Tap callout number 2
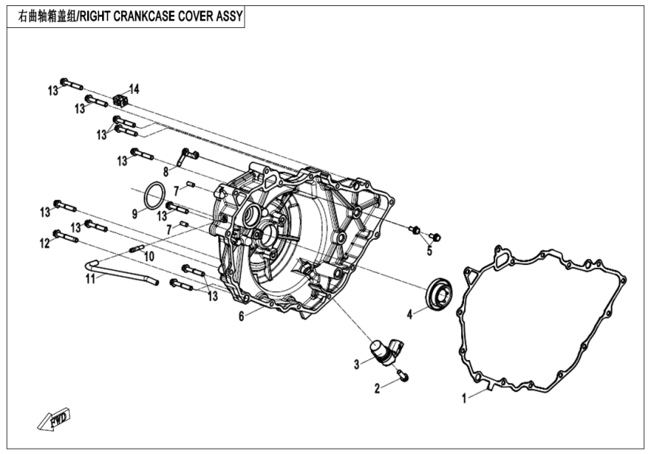[x=376, y=388]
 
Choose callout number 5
[x=429, y=250]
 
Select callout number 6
[x=241, y=316]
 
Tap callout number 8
[x=166, y=172]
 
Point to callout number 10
[x=148, y=257]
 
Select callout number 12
[x=44, y=243]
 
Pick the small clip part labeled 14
[x=119, y=99]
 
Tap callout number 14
[x=135, y=89]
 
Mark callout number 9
[x=134, y=214]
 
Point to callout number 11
[x=90, y=279]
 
